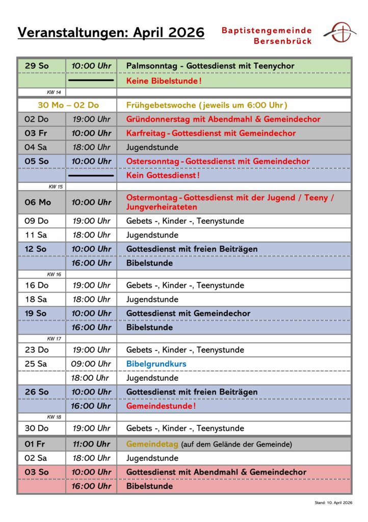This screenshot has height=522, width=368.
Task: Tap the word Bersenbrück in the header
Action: [282, 41]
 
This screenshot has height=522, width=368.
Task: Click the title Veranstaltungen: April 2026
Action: [111, 33]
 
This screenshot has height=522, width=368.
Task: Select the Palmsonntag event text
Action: [210, 66]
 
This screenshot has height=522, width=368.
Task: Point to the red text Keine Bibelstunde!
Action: [164, 81]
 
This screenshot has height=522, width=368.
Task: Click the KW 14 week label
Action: [54, 92]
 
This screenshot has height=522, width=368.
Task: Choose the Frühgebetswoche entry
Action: [206, 105]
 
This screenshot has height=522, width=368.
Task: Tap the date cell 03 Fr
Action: [36, 133]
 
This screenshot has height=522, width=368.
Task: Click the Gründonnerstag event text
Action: [223, 119]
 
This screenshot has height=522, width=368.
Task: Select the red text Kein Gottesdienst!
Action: [163, 175]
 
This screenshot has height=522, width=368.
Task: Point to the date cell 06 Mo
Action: [38, 202]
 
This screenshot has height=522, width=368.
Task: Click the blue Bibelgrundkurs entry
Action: [156, 364]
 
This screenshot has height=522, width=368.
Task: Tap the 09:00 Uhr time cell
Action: [91, 364]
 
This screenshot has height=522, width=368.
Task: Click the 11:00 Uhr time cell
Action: [91, 444]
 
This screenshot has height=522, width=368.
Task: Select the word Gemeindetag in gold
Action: [152, 444]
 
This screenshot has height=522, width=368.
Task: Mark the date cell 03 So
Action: [37, 472]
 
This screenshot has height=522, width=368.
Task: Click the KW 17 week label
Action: [54, 338]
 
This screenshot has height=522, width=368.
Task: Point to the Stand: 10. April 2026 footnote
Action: [333, 503]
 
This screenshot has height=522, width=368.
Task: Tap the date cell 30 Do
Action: [37, 428]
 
